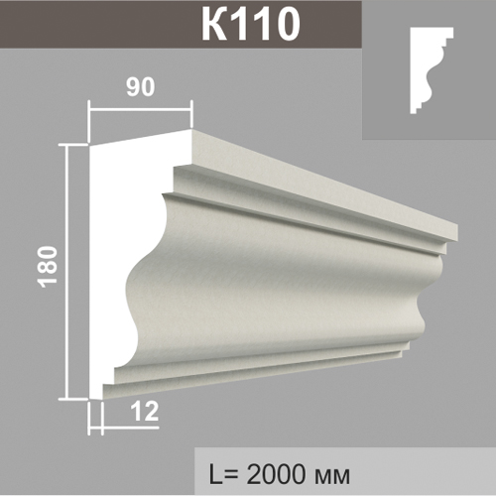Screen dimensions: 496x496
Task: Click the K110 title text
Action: coord(251,23)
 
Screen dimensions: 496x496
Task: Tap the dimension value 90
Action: coord(140,87)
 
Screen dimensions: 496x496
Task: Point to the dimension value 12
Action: coord(145,412)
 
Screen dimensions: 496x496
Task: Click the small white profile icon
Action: coord(430,70)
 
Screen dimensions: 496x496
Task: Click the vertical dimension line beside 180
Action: coord(67,272)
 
